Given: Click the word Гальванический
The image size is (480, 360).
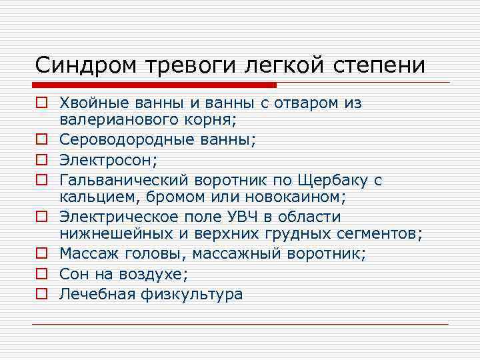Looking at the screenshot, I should [x=125, y=179].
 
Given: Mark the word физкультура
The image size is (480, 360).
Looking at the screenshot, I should [x=193, y=294].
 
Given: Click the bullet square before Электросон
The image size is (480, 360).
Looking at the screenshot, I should [x=41, y=160].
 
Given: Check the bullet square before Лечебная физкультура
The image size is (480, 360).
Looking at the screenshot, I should [x=41, y=294].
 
